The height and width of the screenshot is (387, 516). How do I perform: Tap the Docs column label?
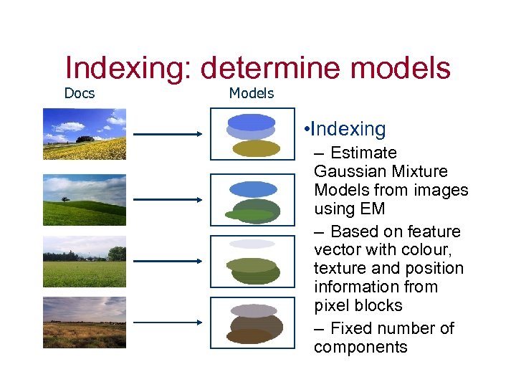(80, 93)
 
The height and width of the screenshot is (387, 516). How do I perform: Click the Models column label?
(251, 93)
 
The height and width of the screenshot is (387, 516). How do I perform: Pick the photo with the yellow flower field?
(84, 133)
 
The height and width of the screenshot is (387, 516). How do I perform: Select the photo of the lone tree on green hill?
(84, 199)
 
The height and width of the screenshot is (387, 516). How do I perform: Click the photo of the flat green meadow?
(84, 261)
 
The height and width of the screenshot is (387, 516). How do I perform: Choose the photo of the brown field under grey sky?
(84, 322)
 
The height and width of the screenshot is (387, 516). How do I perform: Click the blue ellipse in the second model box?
(252, 189)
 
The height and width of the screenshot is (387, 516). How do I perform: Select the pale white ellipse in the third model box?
(252, 244)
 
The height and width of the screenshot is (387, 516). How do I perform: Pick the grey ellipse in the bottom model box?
(254, 310)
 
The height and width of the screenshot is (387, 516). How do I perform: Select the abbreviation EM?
(373, 209)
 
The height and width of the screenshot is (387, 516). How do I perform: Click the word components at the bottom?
(360, 348)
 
